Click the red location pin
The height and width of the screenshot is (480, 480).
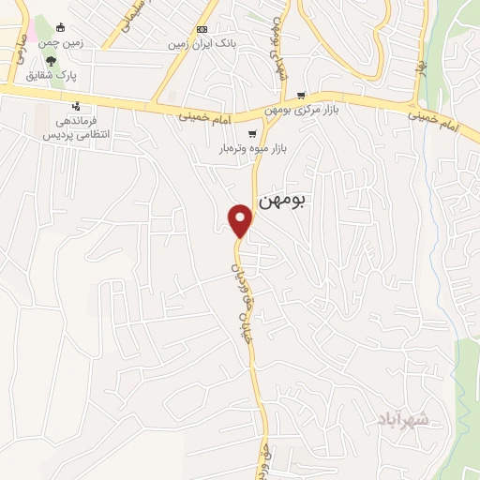click(x=241, y=219)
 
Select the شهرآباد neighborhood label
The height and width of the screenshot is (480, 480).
click(x=405, y=418)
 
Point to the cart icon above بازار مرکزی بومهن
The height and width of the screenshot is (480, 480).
click(x=300, y=96)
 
